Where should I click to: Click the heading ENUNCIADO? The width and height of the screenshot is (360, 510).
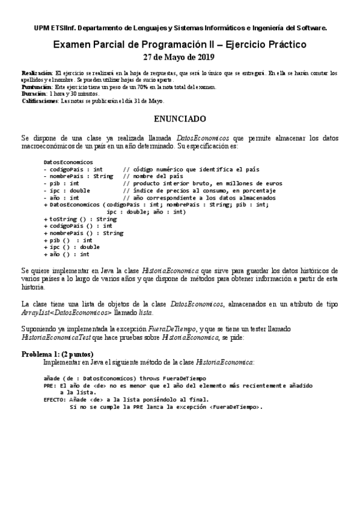tap(180, 119)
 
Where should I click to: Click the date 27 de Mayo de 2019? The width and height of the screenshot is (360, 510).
tap(179, 58)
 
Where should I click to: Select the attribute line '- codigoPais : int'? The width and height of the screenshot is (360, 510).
tap(73, 170)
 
